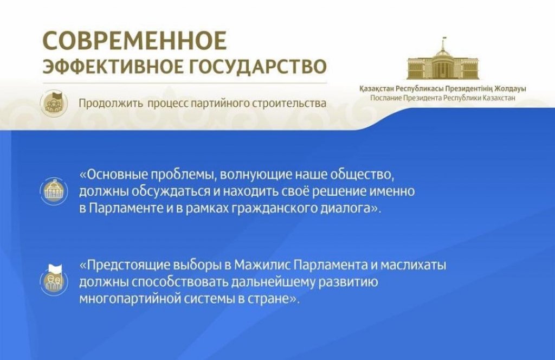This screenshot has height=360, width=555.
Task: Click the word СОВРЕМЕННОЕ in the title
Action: [134, 41]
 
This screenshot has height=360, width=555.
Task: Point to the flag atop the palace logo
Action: [444, 38]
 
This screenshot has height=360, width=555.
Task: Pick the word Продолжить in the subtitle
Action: [111, 104]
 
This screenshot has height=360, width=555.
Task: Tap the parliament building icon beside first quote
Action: [54, 191]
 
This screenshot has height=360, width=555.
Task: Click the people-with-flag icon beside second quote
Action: [54, 280]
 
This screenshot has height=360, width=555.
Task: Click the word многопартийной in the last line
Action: [130, 299]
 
